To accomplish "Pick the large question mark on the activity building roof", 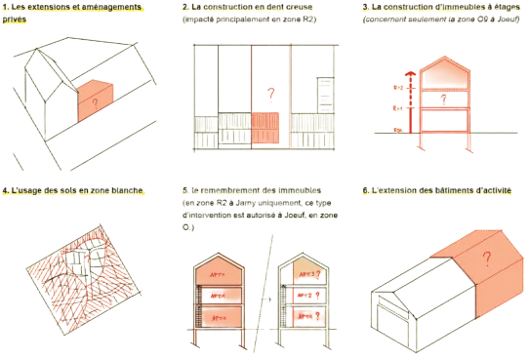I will (x=485, y=257).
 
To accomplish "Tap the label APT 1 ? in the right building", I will (x=310, y=317).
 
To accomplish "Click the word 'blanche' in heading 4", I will (x=127, y=191).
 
